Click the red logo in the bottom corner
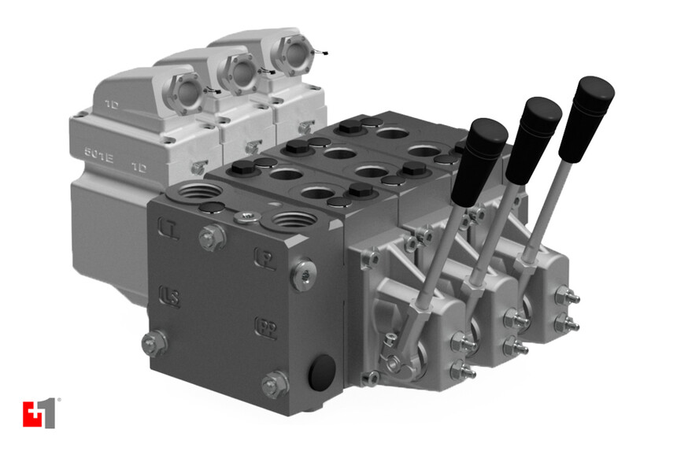click(39, 413)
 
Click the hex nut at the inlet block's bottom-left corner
click(154, 342)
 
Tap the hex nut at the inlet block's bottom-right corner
click(274, 383)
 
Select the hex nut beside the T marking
click(209, 235)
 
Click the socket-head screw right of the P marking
click(302, 273)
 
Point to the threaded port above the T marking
click(190, 196)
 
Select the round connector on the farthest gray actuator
click(288, 54)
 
